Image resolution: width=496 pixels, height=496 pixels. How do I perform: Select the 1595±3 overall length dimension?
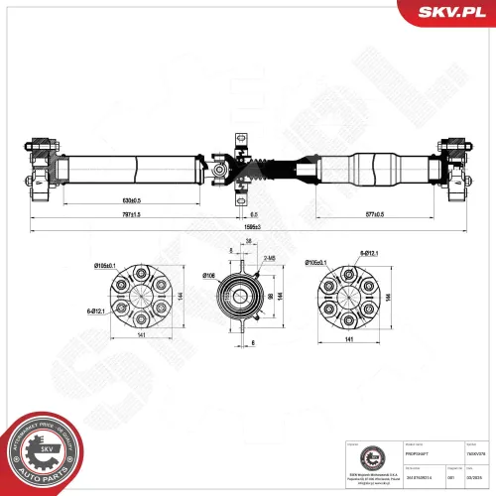[254, 227]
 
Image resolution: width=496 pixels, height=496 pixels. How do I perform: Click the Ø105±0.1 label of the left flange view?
[105, 266]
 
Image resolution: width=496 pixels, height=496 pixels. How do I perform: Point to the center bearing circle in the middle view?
[237, 294]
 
